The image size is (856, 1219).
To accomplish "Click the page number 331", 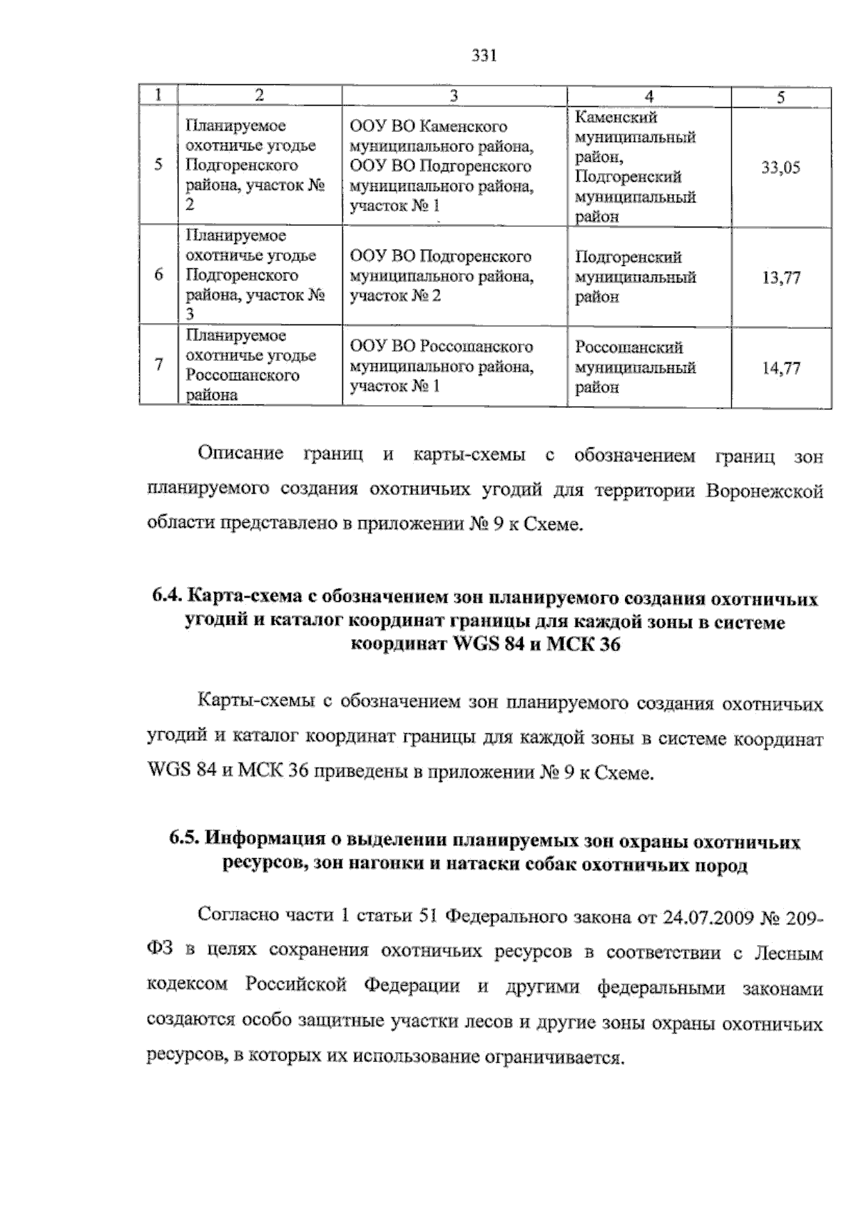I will [484, 56].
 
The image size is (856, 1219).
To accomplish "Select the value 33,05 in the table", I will [780, 168].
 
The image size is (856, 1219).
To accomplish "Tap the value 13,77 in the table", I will [780, 277].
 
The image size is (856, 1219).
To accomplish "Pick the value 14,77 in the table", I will [780, 368].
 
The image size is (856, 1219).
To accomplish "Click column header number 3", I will [454, 96].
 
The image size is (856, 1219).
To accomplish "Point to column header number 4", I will [648, 96].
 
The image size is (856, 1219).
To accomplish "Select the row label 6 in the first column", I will [158, 275].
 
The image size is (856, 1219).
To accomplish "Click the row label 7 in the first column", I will [158, 365].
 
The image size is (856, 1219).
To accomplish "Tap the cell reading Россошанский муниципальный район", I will [636, 367].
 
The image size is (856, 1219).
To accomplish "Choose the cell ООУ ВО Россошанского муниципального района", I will [442, 366].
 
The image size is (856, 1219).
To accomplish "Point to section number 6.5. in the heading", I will [188, 842].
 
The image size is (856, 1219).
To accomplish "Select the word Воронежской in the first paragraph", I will [765, 491].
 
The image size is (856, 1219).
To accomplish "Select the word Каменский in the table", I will [616, 118].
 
